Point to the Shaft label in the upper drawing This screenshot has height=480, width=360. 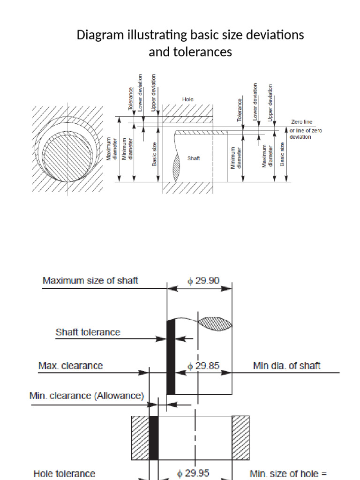(x=194, y=158)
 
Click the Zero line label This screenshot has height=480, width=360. (x=301, y=122)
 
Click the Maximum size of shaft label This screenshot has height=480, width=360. (x=90, y=281)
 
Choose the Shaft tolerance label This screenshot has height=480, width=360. (x=88, y=332)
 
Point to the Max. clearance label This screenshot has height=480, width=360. (x=71, y=366)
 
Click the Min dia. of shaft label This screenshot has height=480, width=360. (x=287, y=366)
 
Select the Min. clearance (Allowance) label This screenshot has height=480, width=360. (x=86, y=396)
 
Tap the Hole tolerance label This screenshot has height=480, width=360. (x=64, y=474)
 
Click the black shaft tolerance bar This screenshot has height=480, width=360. (x=171, y=356)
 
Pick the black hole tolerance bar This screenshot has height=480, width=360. (x=154, y=438)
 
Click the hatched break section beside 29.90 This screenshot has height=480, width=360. (x=215, y=322)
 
